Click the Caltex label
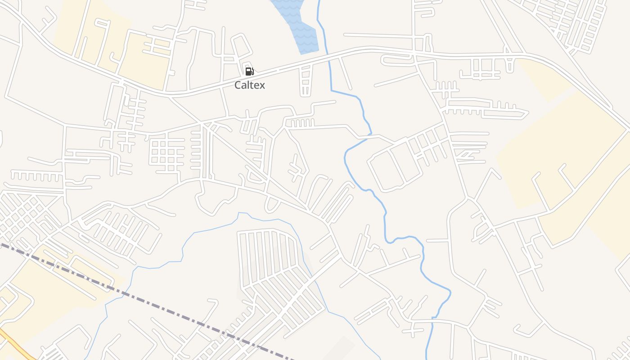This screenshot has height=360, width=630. pos(250,85)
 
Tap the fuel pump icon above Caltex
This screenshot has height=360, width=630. pos(249,71)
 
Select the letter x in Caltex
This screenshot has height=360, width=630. pos(262,85)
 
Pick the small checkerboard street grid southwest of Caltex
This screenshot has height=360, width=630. pos(166,153)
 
